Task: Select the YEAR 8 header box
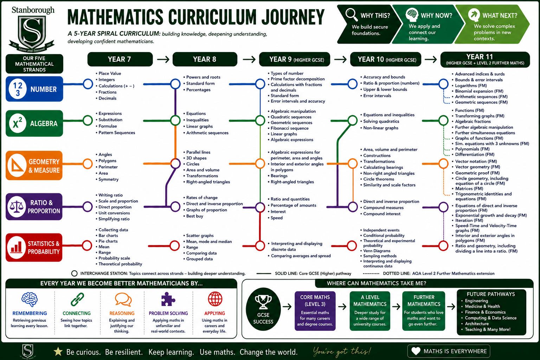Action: tap(205, 59)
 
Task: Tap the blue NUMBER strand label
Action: tap(34, 89)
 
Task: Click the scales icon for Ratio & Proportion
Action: tap(17, 207)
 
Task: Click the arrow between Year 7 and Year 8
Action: tap(163, 59)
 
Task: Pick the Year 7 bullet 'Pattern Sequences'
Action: tap(117, 133)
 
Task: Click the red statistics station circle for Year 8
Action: tap(174, 246)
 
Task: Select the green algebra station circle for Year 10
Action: tap(353, 120)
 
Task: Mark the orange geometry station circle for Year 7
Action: tap(88, 164)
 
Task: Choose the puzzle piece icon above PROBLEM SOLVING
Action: tap(168, 299)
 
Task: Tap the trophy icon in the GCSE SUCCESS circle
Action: tap(263, 302)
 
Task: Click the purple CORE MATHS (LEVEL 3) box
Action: tap(315, 311)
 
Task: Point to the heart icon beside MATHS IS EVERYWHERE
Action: tap(416, 351)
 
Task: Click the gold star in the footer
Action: tap(58, 352)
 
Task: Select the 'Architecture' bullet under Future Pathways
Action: tap(475, 323)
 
